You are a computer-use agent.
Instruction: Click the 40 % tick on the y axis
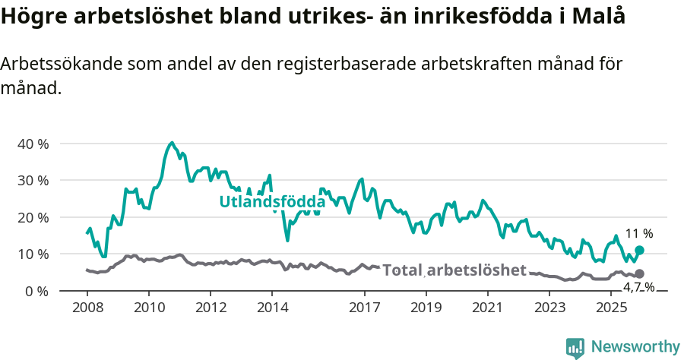click(33, 144)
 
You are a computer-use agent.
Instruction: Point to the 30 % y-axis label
click(33, 181)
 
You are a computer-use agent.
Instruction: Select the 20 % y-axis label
click(33, 217)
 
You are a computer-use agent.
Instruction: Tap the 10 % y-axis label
click(33, 254)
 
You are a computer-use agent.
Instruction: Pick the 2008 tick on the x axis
click(87, 308)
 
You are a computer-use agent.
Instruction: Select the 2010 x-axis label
click(148, 308)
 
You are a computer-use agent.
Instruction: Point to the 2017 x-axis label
click(364, 308)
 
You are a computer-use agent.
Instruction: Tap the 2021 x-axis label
click(487, 308)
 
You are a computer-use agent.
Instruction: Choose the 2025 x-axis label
click(610, 308)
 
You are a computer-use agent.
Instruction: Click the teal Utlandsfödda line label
click(272, 202)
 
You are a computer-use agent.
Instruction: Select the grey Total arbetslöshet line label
click(454, 270)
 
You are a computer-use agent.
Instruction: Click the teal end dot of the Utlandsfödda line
click(639, 250)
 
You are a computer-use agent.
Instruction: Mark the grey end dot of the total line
click(639, 273)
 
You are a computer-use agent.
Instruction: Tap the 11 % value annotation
click(639, 234)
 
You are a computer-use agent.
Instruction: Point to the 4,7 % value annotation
click(638, 287)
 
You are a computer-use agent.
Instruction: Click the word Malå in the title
click(603, 17)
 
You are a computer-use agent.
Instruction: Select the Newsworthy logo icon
click(575, 348)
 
